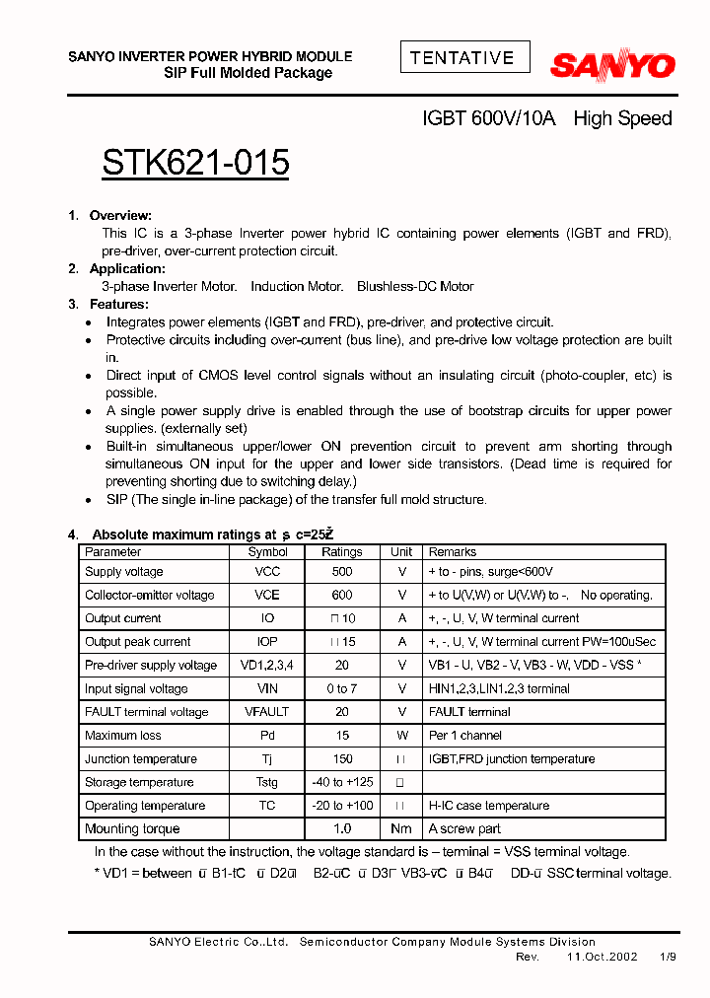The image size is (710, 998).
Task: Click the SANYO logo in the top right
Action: pos(611,66)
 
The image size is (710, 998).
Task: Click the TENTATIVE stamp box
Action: pos(464,57)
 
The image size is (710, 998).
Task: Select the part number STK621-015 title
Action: pos(195,163)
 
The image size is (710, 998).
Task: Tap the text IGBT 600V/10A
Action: pos(489,118)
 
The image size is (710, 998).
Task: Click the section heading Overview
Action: pos(119,215)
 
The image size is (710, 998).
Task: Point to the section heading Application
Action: pos(126,268)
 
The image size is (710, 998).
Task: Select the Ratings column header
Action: pos(342,552)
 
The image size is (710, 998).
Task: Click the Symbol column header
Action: pos(267,552)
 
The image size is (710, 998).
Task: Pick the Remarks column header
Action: pos(452,552)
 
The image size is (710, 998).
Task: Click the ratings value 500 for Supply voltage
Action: pos(342,572)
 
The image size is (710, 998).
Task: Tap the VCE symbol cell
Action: pos(267,596)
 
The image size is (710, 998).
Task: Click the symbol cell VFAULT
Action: pos(267,712)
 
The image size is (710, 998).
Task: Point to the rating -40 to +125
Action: pos(342,782)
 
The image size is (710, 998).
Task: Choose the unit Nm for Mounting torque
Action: pos(401,829)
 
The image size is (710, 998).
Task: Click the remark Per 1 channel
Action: pos(464,736)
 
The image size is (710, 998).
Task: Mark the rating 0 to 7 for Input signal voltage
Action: pos(342,689)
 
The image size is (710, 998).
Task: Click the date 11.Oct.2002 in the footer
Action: pos(602,958)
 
